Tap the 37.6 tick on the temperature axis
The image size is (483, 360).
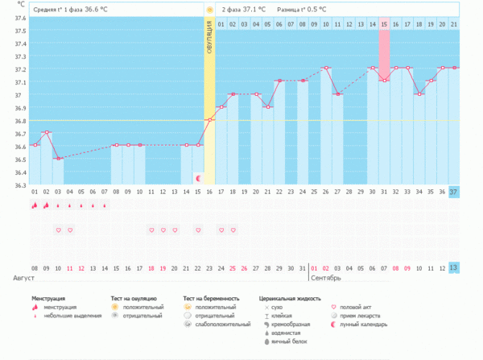click(x=18, y=31)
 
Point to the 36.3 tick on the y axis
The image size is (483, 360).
click(x=18, y=186)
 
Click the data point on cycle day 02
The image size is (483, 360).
click(x=46, y=132)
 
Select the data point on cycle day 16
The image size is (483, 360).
click(x=209, y=120)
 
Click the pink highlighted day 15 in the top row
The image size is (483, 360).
click(x=384, y=25)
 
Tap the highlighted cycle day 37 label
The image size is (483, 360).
click(x=453, y=192)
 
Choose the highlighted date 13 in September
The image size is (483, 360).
click(x=453, y=267)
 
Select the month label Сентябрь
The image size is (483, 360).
click(x=324, y=278)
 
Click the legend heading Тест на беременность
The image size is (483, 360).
click(x=212, y=299)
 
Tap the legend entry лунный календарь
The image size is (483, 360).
click(x=363, y=325)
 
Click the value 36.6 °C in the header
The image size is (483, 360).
click(x=97, y=10)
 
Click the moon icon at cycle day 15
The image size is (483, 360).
click(x=198, y=178)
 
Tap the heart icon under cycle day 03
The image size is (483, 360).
click(x=58, y=230)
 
